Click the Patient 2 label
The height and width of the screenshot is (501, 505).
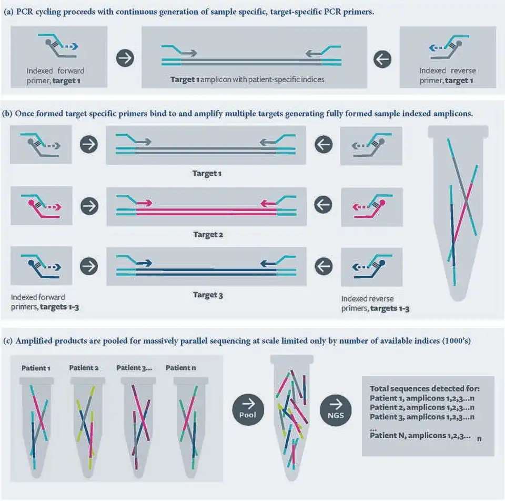coord(84,367)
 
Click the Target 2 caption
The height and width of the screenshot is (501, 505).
coord(207,235)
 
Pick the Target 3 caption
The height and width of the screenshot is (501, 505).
coord(207,295)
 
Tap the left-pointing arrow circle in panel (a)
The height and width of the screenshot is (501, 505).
coord(382,58)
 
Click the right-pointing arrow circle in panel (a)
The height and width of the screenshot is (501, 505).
coord(125,58)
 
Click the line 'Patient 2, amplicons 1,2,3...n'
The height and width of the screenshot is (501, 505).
coord(422,407)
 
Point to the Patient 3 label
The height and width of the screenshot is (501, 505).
coord(134,367)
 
